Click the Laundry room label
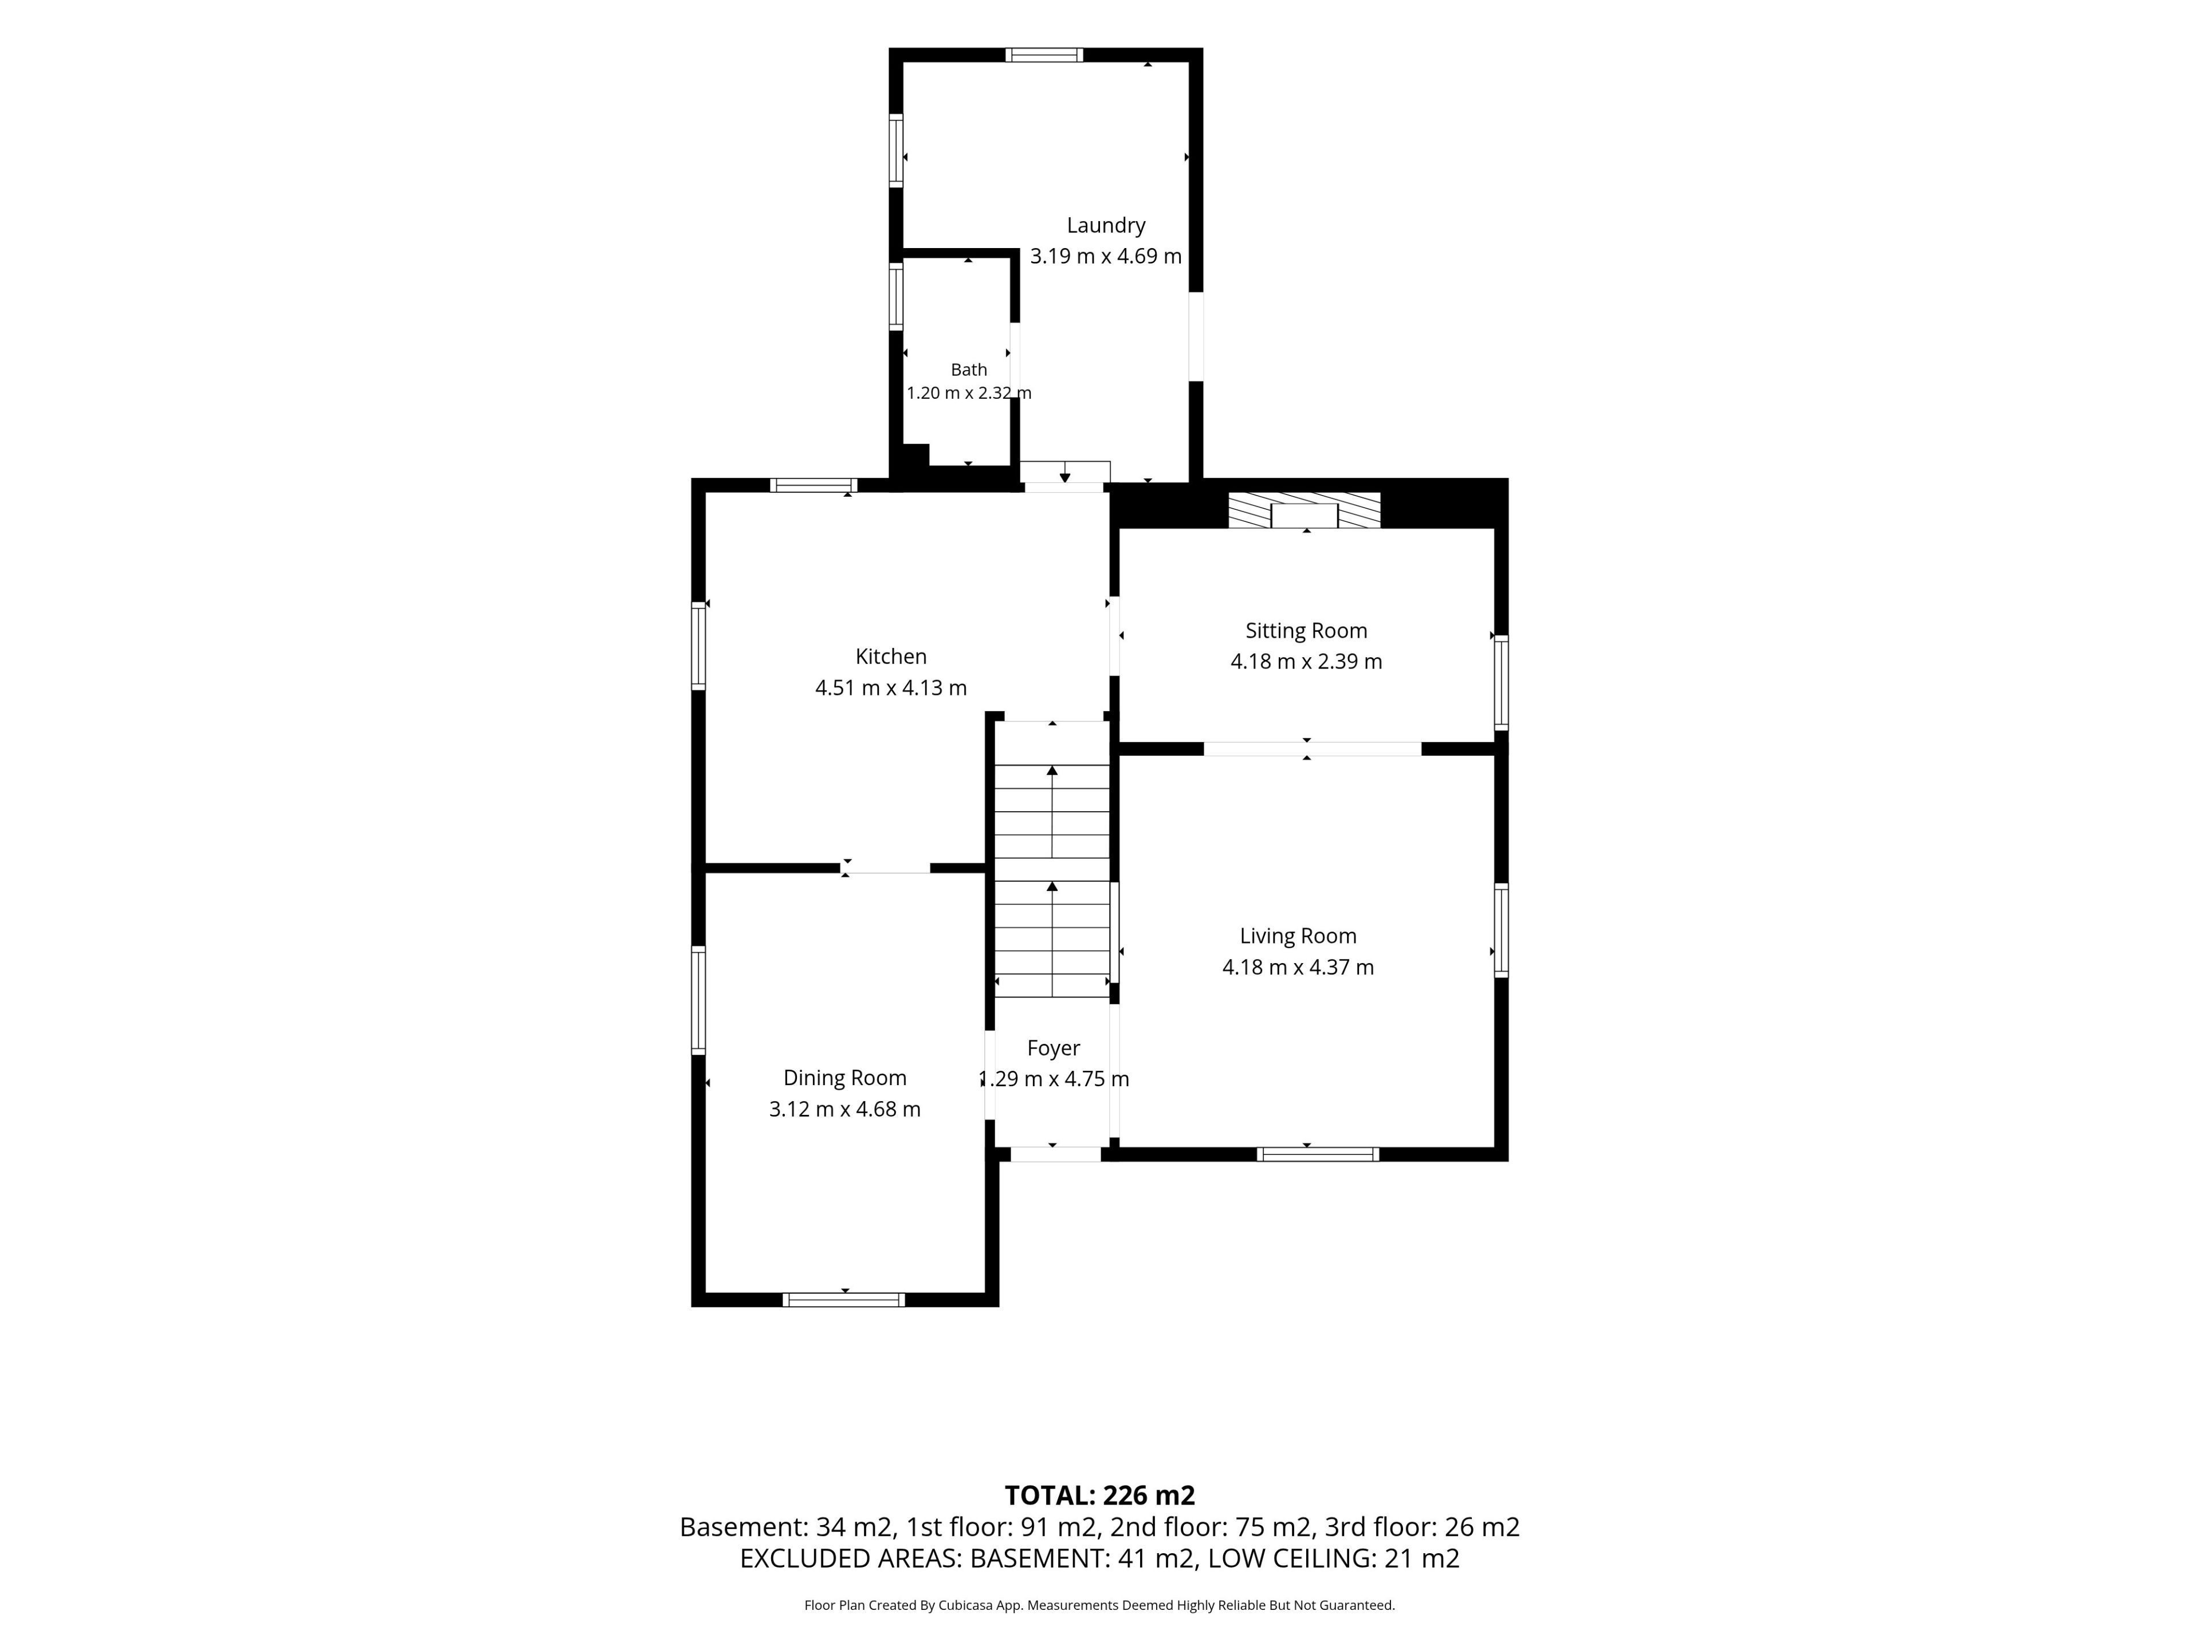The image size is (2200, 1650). (x=1106, y=226)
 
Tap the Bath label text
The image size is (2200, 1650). (x=969, y=370)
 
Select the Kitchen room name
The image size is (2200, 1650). (x=891, y=657)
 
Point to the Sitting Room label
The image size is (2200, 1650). (x=1306, y=631)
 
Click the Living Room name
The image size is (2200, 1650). (x=1298, y=936)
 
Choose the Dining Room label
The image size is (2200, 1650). (x=844, y=1078)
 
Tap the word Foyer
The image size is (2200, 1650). (x=1053, y=1048)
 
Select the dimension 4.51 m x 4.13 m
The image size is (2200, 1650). (x=891, y=688)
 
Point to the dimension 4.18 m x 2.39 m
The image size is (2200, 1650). (x=1306, y=661)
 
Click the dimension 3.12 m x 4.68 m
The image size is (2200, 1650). (x=844, y=1109)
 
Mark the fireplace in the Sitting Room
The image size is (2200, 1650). (x=1305, y=510)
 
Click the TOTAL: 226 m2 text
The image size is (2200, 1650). (x=1100, y=1496)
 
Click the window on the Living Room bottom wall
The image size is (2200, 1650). (x=1318, y=1154)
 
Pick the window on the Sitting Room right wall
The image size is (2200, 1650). (x=1501, y=683)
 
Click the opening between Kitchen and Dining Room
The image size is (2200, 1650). (x=885, y=869)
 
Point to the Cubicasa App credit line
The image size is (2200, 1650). (x=1100, y=1605)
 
